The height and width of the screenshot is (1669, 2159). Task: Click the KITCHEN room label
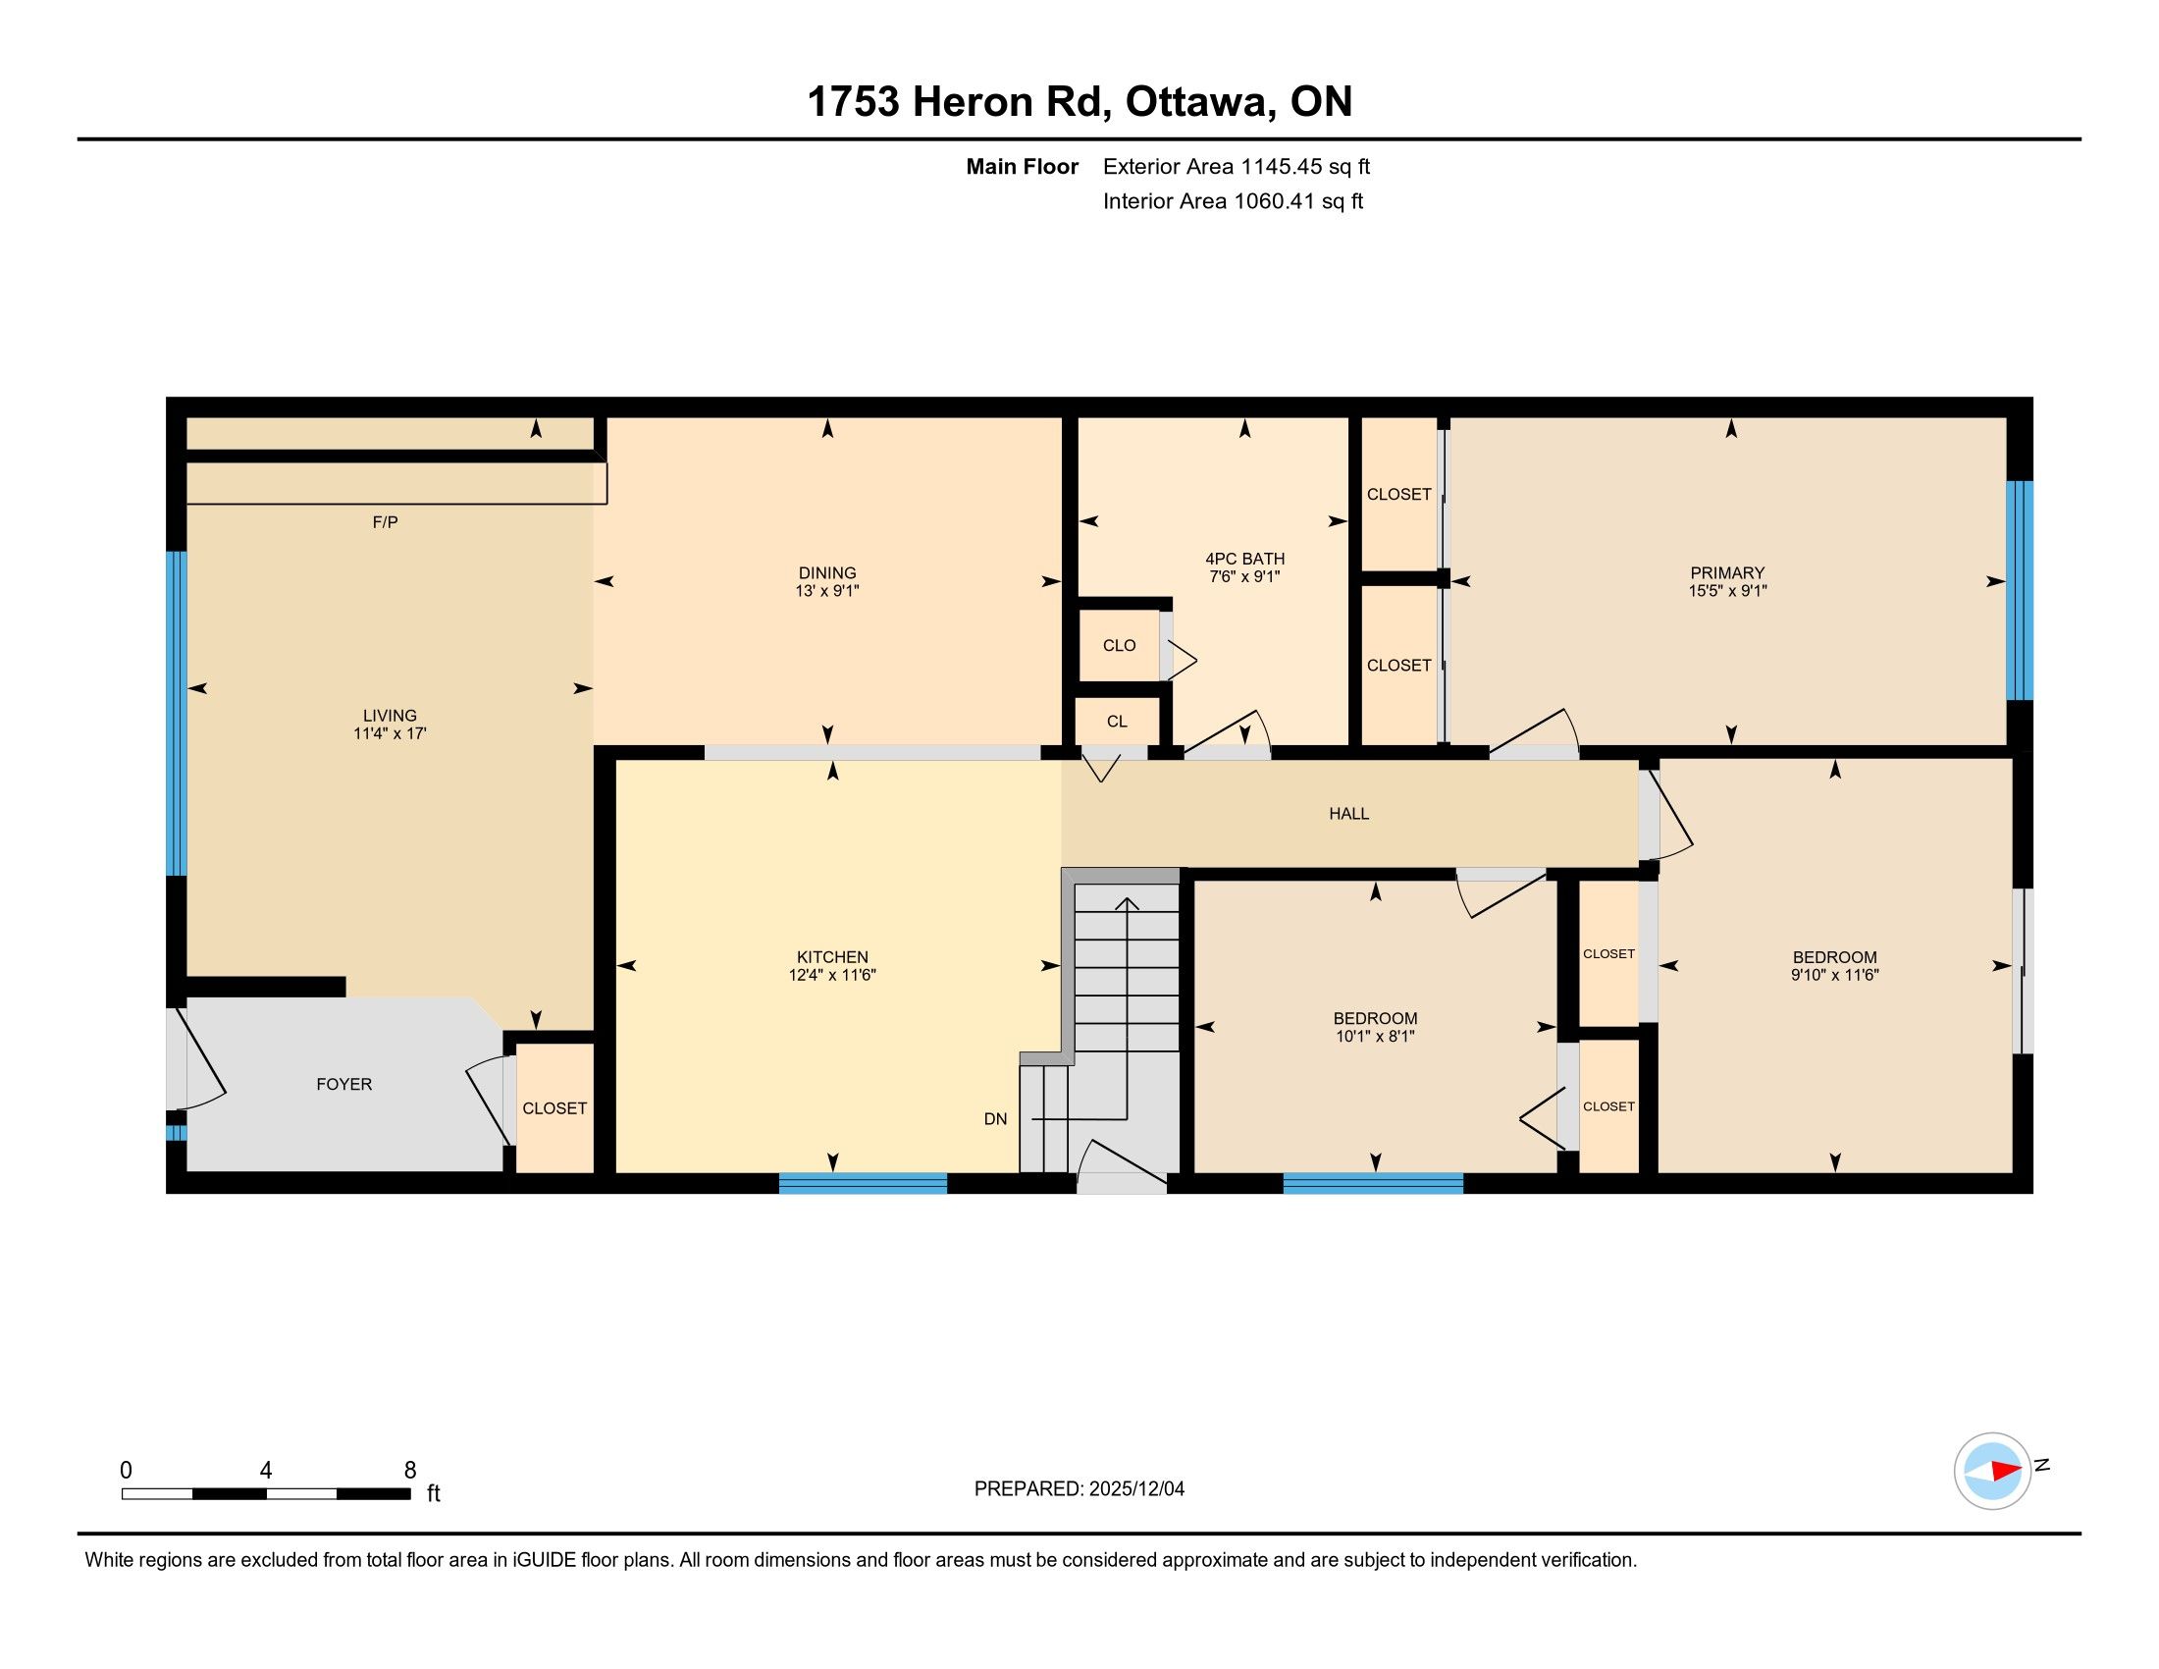pos(832,957)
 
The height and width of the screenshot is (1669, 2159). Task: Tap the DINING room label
pos(827,573)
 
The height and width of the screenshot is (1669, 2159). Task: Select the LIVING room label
pos(390,716)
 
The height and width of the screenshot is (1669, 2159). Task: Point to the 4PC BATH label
pos(1244,560)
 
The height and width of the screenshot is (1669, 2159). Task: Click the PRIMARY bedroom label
pos(1727,573)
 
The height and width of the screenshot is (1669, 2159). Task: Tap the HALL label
pos(1348,814)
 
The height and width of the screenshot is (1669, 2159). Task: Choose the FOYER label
pos(344,1085)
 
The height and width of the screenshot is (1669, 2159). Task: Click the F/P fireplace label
pos(386,522)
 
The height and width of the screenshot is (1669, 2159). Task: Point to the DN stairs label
pos(995,1119)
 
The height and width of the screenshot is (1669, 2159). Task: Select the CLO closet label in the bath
pos(1119,646)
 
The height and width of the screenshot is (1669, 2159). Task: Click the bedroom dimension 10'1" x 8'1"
pos(1375,1036)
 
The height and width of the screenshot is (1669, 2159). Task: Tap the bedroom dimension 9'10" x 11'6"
pos(1835,975)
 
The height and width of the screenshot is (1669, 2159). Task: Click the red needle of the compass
pos(2006,1471)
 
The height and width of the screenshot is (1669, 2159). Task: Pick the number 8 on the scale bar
pos(410,1471)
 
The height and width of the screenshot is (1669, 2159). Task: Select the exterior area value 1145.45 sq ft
pos(1306,167)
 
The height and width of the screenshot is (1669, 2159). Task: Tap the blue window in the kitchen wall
pos(863,1183)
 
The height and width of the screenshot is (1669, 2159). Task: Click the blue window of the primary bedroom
pos(2020,590)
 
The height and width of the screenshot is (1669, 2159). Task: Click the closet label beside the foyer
pos(554,1108)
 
